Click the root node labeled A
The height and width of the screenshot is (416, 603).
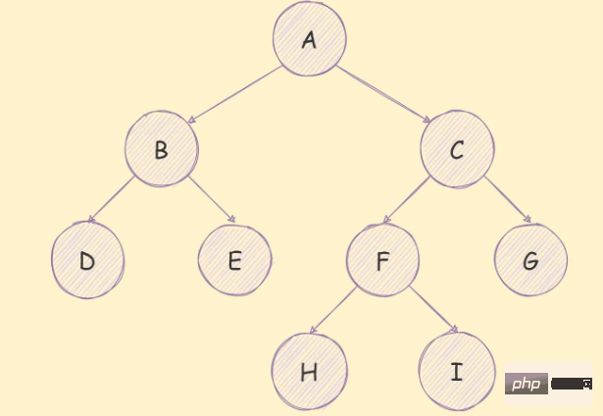(310, 38)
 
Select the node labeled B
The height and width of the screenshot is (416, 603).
(162, 149)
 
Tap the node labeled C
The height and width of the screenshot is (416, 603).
(457, 149)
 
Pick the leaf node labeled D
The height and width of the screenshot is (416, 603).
(87, 260)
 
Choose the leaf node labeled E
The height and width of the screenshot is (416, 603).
(235, 260)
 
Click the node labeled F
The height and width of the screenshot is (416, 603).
(382, 260)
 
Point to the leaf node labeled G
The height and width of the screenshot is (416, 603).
(530, 260)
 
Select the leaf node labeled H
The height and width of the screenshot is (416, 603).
(310, 372)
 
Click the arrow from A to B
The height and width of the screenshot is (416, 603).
(235, 94)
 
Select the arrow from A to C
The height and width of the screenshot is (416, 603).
(383, 94)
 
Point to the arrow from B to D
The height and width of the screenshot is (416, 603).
(111, 199)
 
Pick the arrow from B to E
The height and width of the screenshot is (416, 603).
(212, 199)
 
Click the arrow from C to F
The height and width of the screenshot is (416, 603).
(407, 200)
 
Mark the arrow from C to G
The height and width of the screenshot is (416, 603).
(508, 199)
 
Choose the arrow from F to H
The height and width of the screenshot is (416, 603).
(333, 310)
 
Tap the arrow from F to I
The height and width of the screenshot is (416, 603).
(433, 309)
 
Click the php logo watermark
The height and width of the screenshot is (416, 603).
(527, 384)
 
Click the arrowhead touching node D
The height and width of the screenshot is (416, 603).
(91, 220)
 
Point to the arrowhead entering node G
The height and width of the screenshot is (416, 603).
(528, 220)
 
